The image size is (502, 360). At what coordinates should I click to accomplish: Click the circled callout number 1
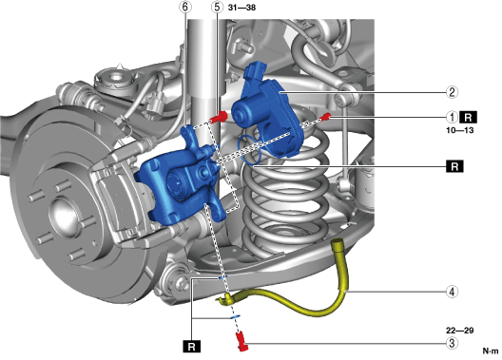[x=452, y=117]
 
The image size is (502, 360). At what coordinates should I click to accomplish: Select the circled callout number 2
[x=452, y=92]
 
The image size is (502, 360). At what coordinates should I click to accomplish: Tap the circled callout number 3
[x=452, y=343]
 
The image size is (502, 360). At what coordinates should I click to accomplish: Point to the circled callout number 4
[x=452, y=292]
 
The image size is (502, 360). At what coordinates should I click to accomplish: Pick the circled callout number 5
[x=217, y=7]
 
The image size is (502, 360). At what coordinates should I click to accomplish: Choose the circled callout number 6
[x=185, y=7]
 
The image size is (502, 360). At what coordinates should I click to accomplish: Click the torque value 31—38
[x=241, y=8]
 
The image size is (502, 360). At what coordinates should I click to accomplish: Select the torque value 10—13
[x=460, y=130]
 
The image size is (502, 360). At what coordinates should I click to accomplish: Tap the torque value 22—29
[x=460, y=331]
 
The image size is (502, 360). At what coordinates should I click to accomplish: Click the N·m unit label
[x=491, y=351]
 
